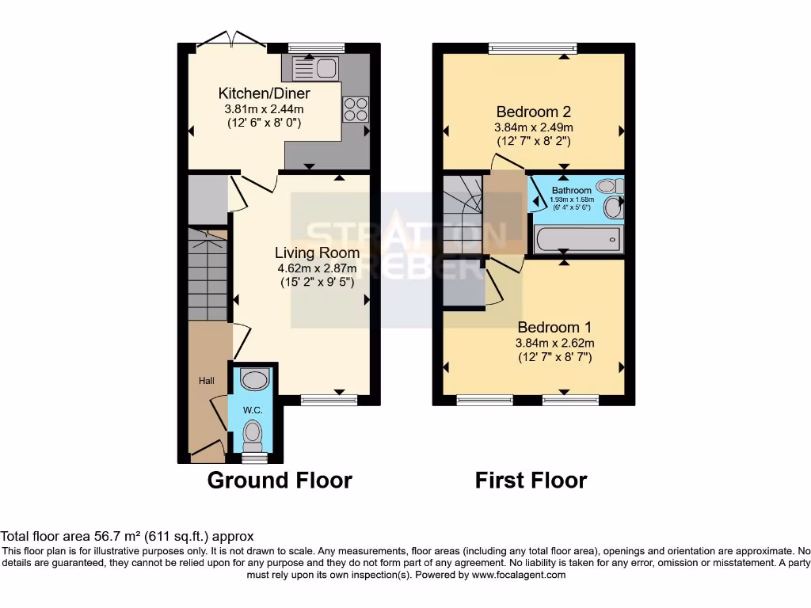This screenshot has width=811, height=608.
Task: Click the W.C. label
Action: point(253,410)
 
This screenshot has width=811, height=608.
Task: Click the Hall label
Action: point(206,381)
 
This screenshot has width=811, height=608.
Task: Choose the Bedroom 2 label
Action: point(533,112)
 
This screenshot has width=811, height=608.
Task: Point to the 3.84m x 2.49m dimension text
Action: point(533,127)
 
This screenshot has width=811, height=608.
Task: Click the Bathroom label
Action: point(572,191)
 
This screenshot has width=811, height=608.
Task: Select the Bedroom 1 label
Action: point(554,327)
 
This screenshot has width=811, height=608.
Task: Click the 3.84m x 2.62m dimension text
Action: point(554,343)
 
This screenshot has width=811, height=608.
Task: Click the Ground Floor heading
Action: point(280,480)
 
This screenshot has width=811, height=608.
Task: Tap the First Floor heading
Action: point(531,480)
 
